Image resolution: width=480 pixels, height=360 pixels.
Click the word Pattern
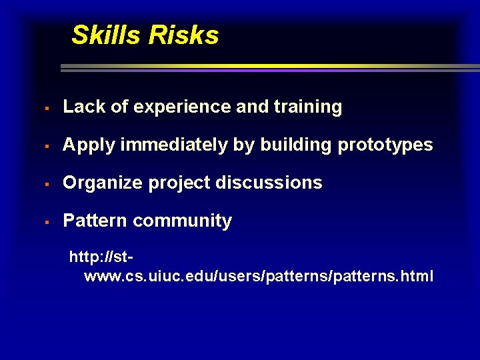(95, 221)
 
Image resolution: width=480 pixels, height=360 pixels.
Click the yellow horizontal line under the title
(267, 66)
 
